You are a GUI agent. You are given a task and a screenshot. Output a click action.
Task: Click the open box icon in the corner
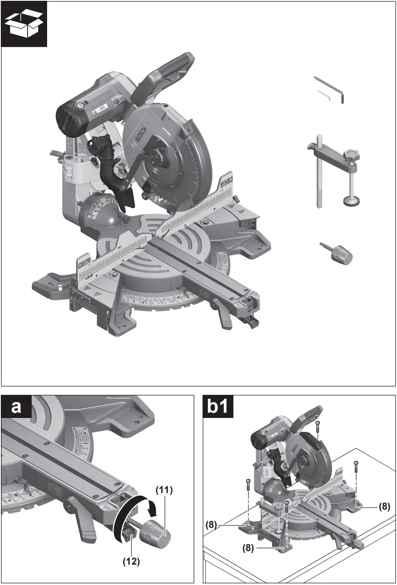coord(24,24)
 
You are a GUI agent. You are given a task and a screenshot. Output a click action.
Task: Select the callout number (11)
coord(164,490)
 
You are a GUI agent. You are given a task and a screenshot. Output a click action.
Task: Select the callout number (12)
coord(131,561)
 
